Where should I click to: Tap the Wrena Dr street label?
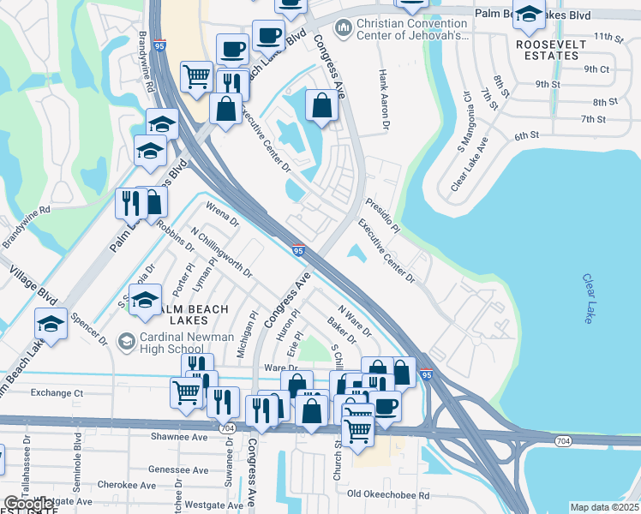[222, 213]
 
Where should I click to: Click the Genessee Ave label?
[179, 470]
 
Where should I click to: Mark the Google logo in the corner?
[27, 505]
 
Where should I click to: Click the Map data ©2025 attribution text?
[603, 507]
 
